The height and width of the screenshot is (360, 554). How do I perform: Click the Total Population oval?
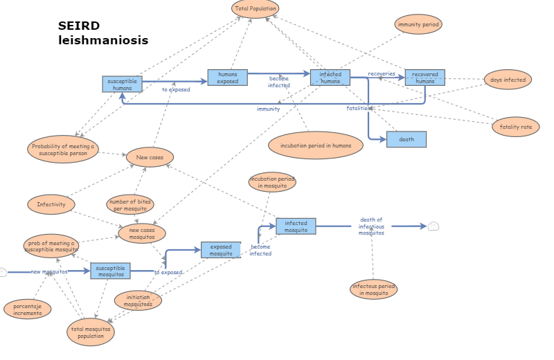click(256, 9)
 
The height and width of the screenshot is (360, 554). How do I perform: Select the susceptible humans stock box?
click(123, 84)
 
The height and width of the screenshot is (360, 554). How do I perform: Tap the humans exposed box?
click(227, 78)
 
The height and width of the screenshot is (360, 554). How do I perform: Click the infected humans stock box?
click(330, 78)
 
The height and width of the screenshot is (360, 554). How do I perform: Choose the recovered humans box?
click(425, 78)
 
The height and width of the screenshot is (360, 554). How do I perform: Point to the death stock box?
click(406, 139)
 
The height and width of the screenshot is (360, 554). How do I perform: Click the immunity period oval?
click(418, 24)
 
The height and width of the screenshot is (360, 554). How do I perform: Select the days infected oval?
click(508, 80)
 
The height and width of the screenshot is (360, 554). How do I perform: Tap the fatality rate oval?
click(515, 127)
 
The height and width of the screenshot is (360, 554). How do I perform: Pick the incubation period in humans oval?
click(316, 145)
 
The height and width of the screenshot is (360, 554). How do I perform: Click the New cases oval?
click(150, 157)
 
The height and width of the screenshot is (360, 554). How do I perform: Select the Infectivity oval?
click(51, 204)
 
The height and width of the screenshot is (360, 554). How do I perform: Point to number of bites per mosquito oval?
click(130, 205)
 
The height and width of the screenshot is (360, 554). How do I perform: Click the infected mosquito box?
click(296, 226)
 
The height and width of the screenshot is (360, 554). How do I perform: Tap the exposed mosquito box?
click(221, 250)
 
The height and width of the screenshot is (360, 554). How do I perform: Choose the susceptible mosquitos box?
click(110, 271)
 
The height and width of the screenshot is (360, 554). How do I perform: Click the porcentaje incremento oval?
click(28, 309)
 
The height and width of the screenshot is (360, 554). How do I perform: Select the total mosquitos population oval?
click(91, 332)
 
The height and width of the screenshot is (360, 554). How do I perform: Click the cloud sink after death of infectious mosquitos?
click(434, 226)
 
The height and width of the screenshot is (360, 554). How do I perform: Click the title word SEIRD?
click(79, 26)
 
